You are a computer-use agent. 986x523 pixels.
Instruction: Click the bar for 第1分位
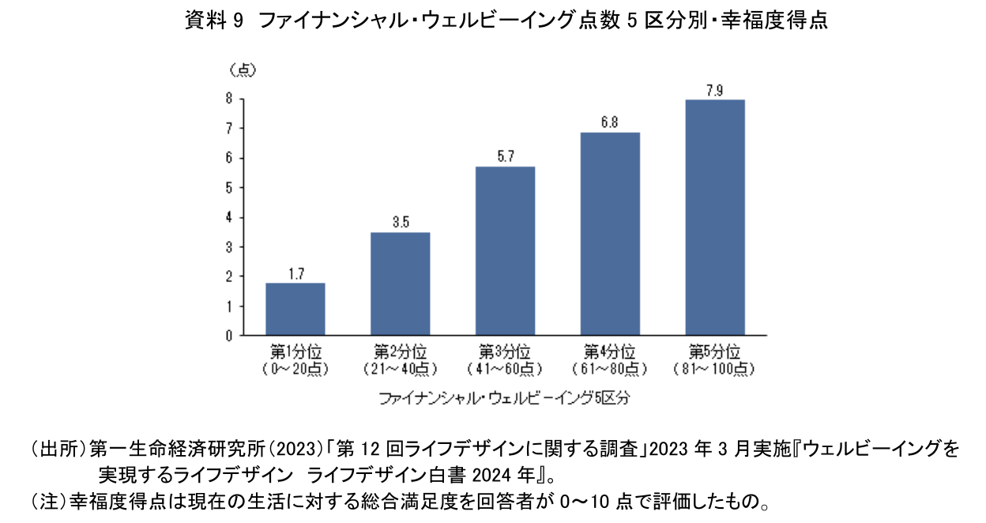(x=295, y=309)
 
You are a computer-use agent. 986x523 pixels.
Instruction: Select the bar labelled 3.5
(x=400, y=284)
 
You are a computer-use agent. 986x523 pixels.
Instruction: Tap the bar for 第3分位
(x=505, y=250)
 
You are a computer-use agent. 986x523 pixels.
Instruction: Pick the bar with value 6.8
(x=610, y=234)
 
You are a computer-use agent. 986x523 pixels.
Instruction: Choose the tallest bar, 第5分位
(x=715, y=217)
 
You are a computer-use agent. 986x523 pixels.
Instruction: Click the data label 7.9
(x=715, y=90)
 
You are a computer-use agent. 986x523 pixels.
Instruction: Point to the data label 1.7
(x=295, y=274)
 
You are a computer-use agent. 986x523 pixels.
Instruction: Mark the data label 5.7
(x=505, y=157)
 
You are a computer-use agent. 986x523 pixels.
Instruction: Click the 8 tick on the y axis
(x=228, y=99)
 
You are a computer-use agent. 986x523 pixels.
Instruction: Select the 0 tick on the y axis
(x=228, y=336)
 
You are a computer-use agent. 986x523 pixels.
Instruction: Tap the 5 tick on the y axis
(x=228, y=187)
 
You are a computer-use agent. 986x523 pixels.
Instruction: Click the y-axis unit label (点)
(x=243, y=70)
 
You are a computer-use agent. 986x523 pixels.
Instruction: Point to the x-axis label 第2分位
(x=400, y=351)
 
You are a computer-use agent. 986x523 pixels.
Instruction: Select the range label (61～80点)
(x=610, y=368)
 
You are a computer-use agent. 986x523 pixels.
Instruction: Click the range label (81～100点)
(x=715, y=368)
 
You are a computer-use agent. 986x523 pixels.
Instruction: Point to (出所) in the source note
(x=58, y=450)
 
